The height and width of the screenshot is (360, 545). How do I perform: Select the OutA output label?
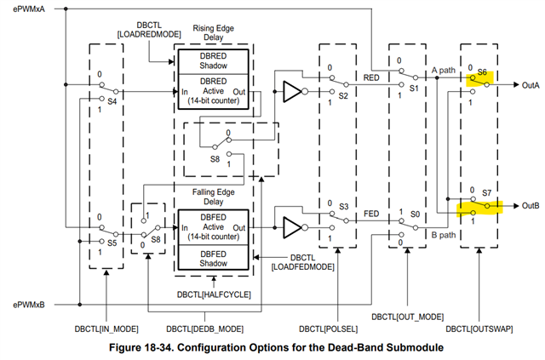529,84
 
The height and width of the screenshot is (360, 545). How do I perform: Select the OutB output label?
529,205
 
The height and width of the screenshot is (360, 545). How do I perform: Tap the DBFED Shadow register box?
213,260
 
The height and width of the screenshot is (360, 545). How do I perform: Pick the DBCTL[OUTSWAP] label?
479,328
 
